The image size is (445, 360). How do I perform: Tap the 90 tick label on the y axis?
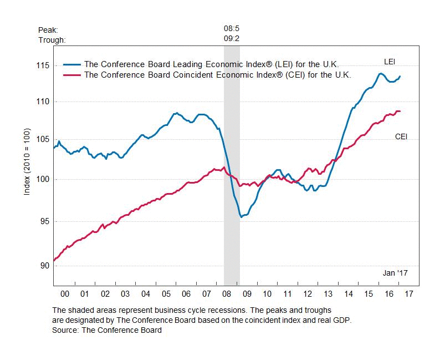(43, 266)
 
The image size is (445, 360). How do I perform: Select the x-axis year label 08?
(226, 293)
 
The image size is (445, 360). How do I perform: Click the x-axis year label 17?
(409, 293)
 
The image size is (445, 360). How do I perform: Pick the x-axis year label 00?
(64, 293)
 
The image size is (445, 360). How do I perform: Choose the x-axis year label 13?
(328, 293)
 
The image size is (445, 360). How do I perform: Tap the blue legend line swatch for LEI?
(71, 64)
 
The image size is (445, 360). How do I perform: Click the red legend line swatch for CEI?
(71, 74)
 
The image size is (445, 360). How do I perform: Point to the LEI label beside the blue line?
(390, 60)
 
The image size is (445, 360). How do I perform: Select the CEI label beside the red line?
(401, 136)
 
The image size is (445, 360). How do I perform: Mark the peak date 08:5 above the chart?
(232, 29)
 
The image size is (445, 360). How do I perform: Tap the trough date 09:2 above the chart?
(232, 39)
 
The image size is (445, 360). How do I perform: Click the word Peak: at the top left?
(48, 29)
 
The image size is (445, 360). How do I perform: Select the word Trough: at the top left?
(52, 40)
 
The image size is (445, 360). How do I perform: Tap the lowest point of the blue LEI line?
(241, 217)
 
